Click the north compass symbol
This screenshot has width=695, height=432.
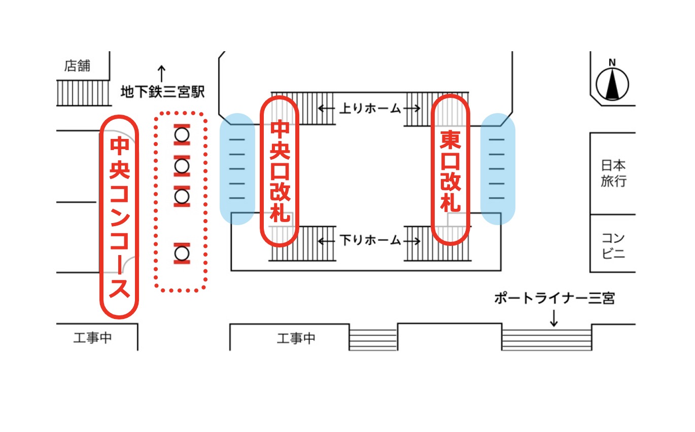click(612, 83)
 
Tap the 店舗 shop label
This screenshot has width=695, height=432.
click(77, 66)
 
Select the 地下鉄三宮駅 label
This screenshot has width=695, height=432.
click(162, 92)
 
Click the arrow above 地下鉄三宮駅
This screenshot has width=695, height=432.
click(162, 74)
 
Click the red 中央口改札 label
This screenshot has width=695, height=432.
click(280, 171)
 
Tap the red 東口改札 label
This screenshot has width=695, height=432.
click(450, 171)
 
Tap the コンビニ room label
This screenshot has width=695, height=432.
click(613, 245)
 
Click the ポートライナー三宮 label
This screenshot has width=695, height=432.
click(554, 299)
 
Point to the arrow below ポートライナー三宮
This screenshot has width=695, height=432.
click(554, 318)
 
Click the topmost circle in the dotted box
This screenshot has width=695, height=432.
click(182, 135)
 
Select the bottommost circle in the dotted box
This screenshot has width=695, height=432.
click(182, 253)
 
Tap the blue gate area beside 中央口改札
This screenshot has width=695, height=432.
click(237, 168)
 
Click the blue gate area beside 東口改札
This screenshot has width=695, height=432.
click(498, 168)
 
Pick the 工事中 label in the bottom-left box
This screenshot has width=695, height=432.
click(92, 338)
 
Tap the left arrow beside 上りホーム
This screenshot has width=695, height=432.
click(326, 108)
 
